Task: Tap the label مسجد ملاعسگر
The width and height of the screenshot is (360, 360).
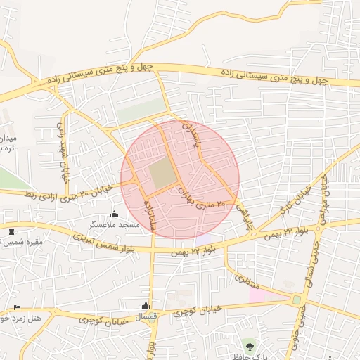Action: coord(114,225)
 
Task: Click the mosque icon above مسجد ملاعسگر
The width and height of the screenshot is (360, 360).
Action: coord(115,214)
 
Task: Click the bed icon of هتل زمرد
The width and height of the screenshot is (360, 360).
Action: coord(18,308)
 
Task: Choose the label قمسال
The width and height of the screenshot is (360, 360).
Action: coord(146,317)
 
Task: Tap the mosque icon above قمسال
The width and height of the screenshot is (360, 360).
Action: coord(146,306)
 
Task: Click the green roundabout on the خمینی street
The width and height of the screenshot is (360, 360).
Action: coord(296,300)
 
